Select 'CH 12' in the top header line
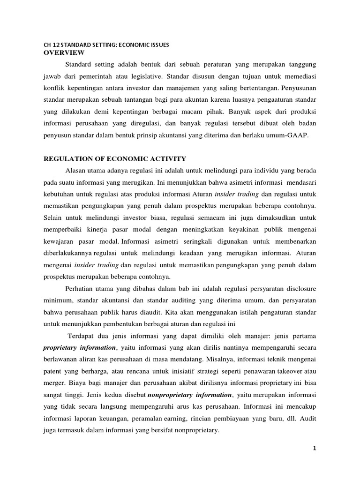click(x=50, y=45)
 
